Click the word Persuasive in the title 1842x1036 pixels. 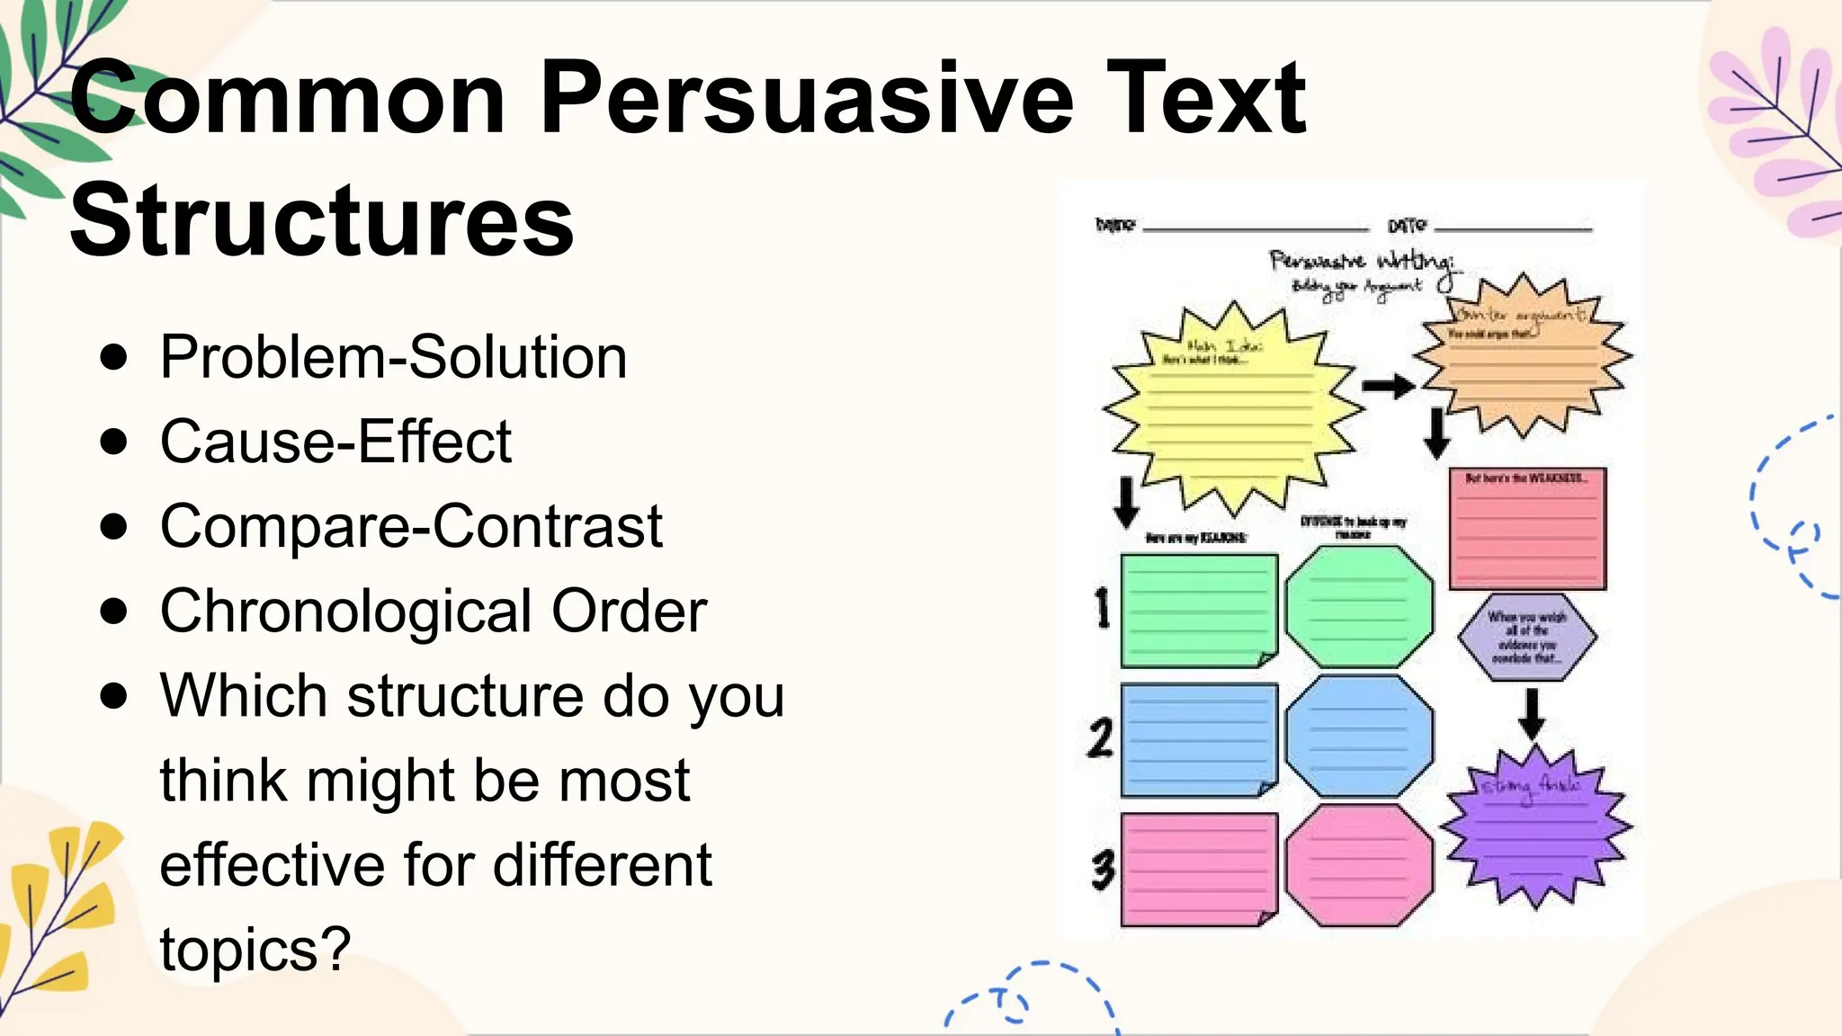[807, 97]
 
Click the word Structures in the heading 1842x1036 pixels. [321, 219]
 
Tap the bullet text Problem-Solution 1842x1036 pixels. [393, 357]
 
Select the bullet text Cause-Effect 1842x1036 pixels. [335, 442]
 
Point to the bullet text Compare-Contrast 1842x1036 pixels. [411, 526]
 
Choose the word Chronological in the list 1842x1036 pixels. [346, 612]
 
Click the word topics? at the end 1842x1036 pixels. [255, 949]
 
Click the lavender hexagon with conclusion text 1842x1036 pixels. [1526, 637]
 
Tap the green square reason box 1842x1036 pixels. [1199, 611]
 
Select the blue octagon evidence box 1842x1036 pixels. [1359, 737]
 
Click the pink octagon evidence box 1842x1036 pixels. [1359, 865]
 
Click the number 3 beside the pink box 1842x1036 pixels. [1103, 870]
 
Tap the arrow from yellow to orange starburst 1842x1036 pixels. [1388, 387]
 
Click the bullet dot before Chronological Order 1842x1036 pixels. [114, 612]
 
